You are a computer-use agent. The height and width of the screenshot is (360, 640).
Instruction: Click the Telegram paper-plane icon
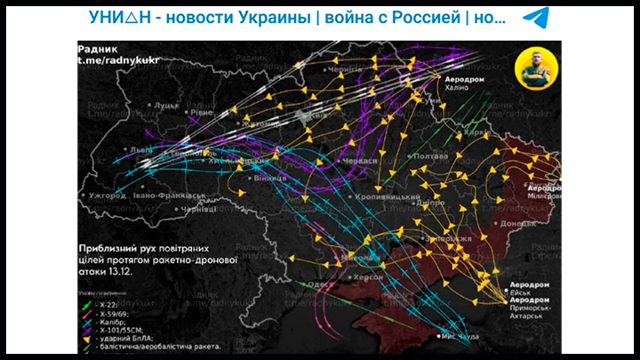click(x=535, y=18)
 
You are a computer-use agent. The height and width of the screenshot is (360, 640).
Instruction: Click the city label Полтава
click(x=432, y=156)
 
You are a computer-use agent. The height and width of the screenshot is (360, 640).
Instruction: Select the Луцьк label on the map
click(x=166, y=105)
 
